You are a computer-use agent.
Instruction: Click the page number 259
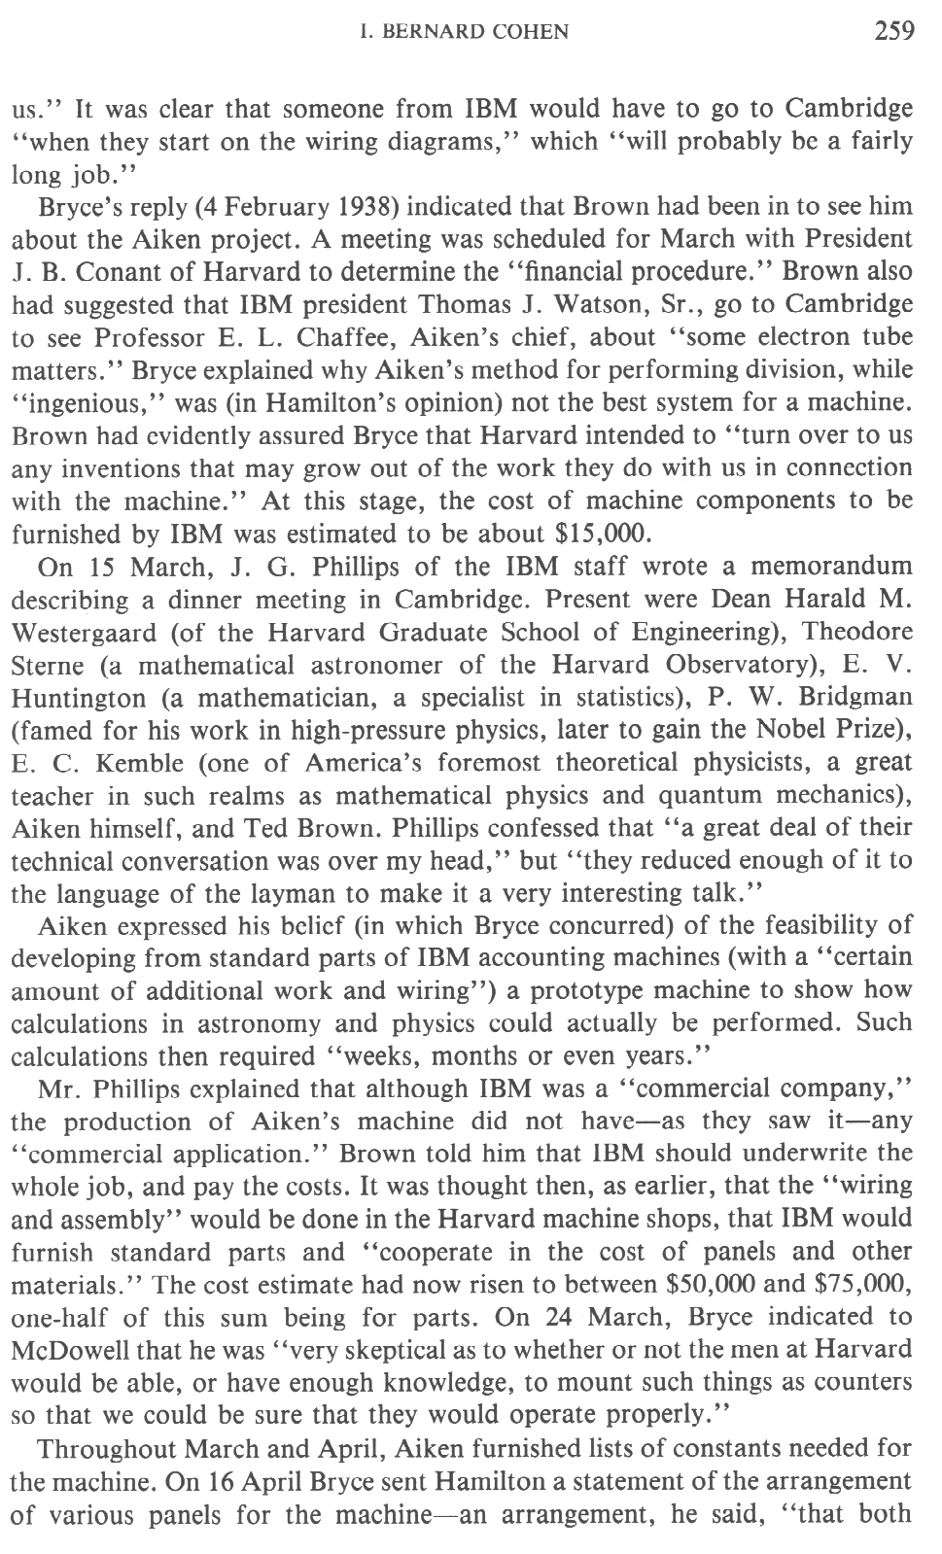click(x=893, y=32)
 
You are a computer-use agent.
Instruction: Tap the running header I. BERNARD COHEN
click(x=464, y=33)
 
